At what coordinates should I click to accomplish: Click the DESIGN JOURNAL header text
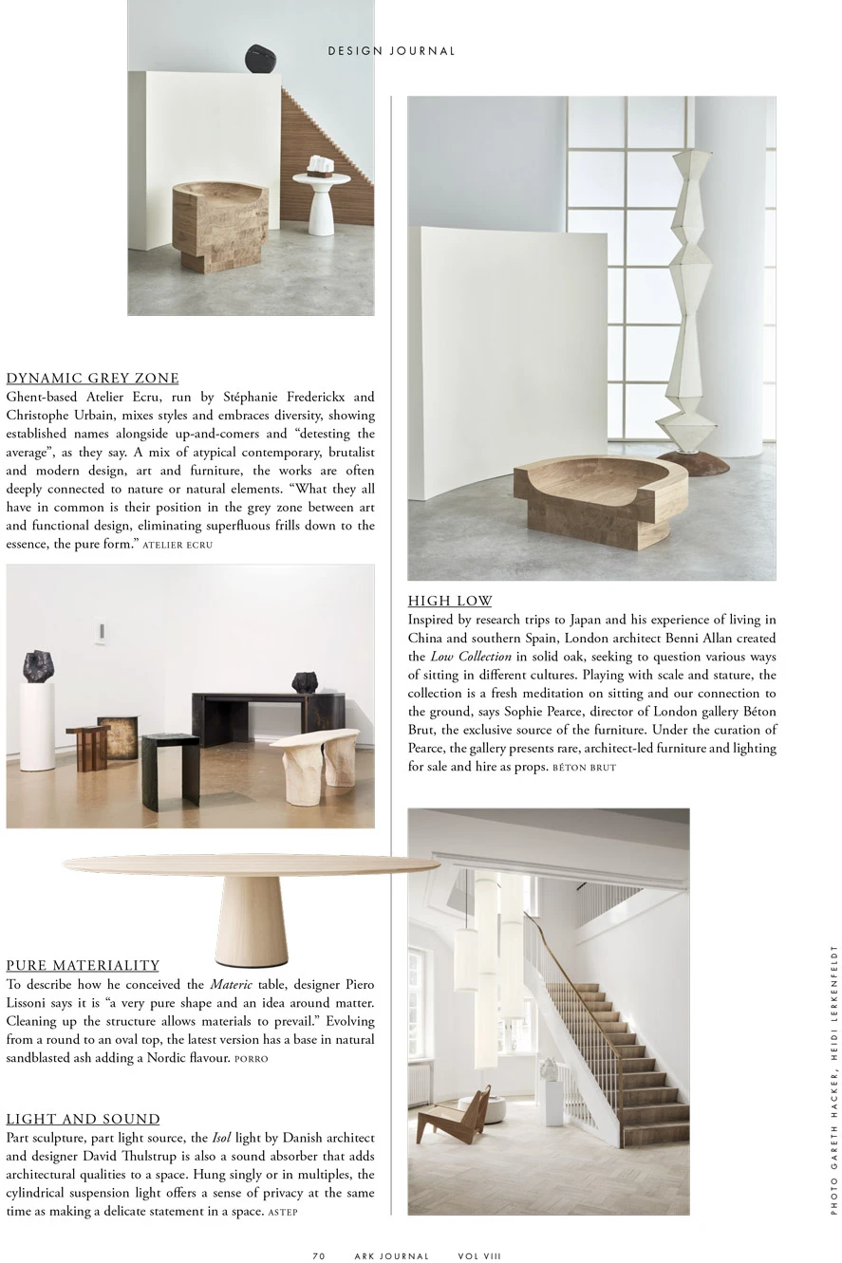391,51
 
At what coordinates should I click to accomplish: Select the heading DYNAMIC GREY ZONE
93,378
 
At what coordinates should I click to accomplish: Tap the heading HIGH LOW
450,601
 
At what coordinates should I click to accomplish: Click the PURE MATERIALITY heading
83,965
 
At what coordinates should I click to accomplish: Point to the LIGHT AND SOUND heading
84,1119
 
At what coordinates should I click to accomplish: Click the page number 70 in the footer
319,1255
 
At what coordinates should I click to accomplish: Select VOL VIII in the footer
479,1255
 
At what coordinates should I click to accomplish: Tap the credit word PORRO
252,1059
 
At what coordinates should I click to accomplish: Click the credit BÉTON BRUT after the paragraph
584,768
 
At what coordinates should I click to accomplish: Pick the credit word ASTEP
283,1213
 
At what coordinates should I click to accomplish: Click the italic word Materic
231,985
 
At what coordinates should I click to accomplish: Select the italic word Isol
221,1138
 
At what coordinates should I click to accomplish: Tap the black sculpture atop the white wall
261,59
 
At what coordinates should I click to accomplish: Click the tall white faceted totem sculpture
691,304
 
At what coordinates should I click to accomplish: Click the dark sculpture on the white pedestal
38,665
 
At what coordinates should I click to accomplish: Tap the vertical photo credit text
833,1079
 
